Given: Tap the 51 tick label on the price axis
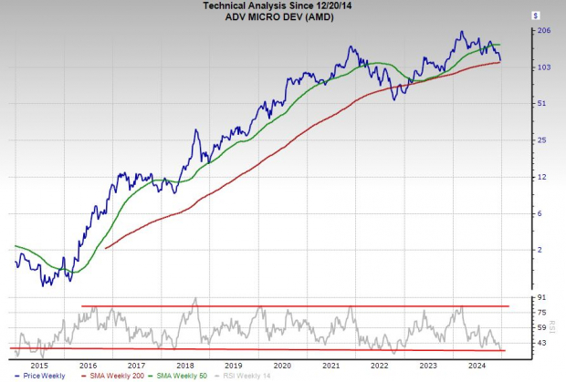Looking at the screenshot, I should click(x=543, y=104).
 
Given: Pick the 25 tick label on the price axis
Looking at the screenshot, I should click(x=543, y=140).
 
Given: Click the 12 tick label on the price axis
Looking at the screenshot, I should click(x=543, y=177).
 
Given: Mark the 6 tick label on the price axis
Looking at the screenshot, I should click(x=541, y=213).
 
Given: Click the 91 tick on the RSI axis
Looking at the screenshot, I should click(x=543, y=298).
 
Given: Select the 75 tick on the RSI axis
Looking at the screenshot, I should click(x=543, y=313).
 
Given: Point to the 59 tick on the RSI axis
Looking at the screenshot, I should click(x=543, y=327).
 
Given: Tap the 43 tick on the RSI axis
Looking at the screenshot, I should click(x=543, y=343).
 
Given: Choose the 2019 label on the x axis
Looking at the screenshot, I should click(x=235, y=364).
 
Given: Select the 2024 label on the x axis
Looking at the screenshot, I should click(x=477, y=364).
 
